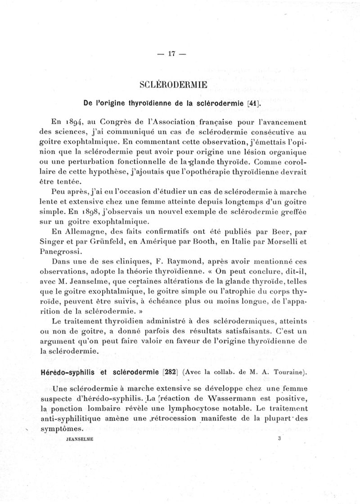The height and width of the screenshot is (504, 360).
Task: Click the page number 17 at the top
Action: pyautogui.click(x=171, y=54)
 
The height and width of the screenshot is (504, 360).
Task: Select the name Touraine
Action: pyautogui.click(x=288, y=372)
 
